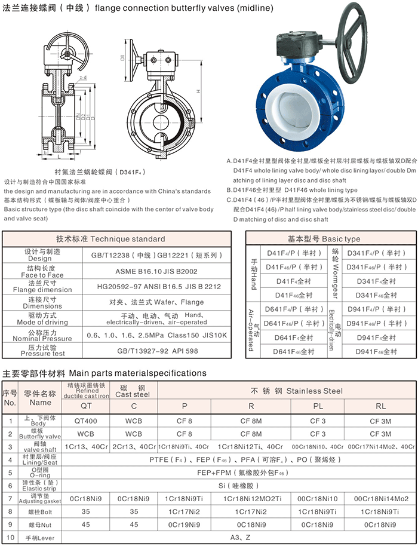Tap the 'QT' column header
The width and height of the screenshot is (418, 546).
87,406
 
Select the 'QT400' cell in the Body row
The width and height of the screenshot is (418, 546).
87,422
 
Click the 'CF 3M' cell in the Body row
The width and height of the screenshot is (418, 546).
380,422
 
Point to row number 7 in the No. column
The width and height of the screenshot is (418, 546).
10,498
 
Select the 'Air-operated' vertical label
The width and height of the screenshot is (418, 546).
251,329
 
